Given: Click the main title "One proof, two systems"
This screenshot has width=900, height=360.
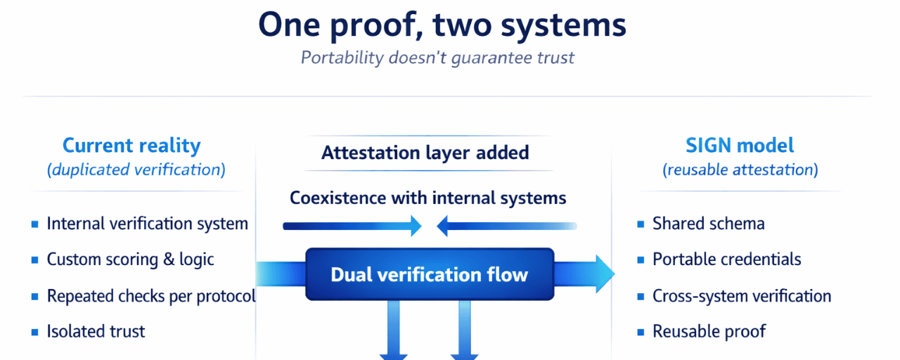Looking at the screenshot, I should tap(442, 25).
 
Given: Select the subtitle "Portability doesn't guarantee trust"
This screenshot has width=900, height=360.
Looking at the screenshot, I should tap(437, 57).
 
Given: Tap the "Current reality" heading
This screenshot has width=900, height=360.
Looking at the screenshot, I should tap(131, 146).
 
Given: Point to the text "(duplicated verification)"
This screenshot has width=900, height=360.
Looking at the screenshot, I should tap(136, 169).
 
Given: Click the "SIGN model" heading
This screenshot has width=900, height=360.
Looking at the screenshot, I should tap(740, 146).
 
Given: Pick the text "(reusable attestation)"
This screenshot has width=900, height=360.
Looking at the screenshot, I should tap(740, 169).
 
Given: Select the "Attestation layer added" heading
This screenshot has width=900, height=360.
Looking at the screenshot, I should tap(425, 153).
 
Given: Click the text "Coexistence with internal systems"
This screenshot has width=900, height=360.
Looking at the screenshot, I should tap(427, 198).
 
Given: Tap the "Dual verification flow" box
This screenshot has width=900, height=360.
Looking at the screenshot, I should tap(430, 274).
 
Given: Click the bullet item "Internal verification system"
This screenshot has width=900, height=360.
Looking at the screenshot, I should tap(147, 224).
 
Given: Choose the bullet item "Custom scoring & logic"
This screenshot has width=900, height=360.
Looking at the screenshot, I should tap(130, 259).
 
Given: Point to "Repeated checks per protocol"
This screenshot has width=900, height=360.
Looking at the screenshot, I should tap(151, 296).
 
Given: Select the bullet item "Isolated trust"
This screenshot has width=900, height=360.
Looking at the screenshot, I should tap(96, 331).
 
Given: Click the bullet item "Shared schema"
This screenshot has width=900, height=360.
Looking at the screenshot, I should tap(708, 224).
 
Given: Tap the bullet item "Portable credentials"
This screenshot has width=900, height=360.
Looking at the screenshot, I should tap(726, 259).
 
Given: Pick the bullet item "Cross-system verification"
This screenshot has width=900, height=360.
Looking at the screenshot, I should tap(742, 296).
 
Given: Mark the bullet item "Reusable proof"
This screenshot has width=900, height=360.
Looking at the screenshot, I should tap(709, 331).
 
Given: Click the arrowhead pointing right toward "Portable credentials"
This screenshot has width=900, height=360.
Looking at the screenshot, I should tap(604, 274).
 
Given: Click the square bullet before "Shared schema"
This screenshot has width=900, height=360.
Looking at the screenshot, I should tap(641, 224).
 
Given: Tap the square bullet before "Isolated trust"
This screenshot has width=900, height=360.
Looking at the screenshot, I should tap(35, 332).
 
